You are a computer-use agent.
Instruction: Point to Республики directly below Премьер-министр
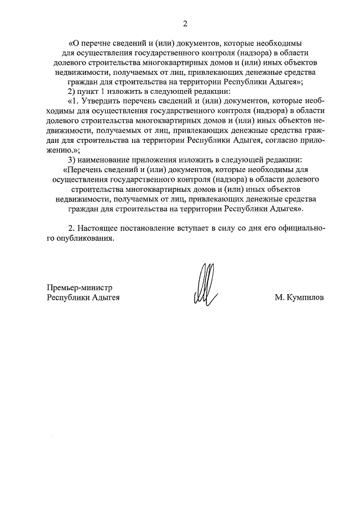point(69,297)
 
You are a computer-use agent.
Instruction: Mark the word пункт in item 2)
point(89,91)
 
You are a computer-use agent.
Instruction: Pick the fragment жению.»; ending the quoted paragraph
point(64,150)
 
